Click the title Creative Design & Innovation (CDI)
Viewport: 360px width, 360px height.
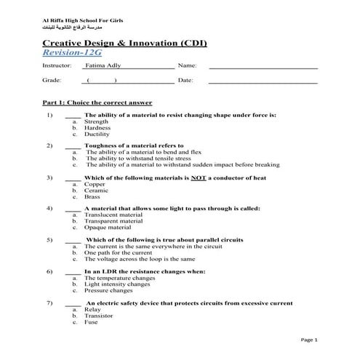[x=125, y=44]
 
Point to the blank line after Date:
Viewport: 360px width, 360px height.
[x=263, y=81]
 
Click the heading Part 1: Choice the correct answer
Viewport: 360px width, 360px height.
[x=97, y=103]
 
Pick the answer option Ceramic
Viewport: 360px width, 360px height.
[x=96, y=191]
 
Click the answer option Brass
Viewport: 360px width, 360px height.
[x=92, y=197]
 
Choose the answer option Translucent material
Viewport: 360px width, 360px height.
[x=113, y=215]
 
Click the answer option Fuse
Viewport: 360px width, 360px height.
[x=92, y=321]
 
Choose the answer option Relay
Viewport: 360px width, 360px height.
[x=92, y=308]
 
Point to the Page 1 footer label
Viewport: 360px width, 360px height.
[x=309, y=340]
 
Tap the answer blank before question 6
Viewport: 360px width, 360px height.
[x=72, y=271]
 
